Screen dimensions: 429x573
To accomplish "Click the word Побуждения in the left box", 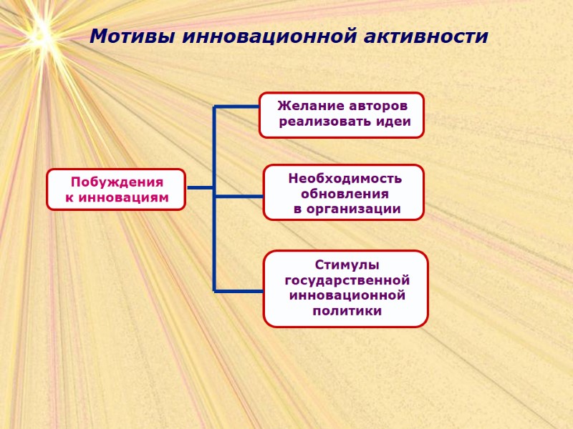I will coord(117,182).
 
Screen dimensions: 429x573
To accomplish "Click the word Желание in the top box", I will coord(307,106).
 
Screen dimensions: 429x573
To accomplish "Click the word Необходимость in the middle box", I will coord(345,178).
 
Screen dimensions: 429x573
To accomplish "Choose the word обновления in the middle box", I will coord(345,194).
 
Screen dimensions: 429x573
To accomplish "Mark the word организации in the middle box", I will coord(355,209).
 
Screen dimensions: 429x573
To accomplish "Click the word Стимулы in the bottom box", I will coord(347,265).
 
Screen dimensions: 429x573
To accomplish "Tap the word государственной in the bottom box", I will coord(347,280).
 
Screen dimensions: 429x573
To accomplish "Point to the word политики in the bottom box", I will coord(347,311).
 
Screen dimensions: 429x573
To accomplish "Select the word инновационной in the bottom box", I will coord(347,295).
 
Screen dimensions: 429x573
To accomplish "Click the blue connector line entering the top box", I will coord(236,107).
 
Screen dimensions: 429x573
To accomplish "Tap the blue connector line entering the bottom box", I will coord(239,290).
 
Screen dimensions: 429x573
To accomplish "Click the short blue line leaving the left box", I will coord(200,188).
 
